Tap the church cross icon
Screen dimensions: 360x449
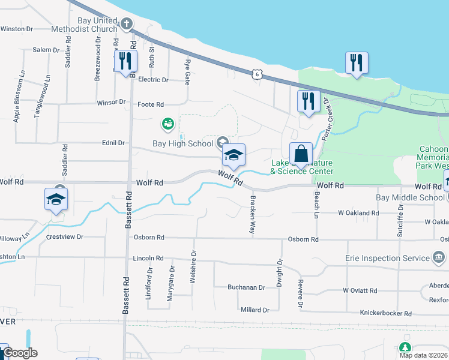point(126,24)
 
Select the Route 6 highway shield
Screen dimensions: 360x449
point(256,74)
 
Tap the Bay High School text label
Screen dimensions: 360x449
point(182,143)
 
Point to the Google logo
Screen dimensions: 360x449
point(19,353)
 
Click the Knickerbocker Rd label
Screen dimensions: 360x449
point(385,313)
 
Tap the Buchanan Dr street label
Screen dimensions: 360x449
point(246,287)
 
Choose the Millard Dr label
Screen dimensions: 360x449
point(255,310)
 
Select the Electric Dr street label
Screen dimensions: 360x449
point(153,79)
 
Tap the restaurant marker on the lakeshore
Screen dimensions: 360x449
point(357,62)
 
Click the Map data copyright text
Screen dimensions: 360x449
point(424,355)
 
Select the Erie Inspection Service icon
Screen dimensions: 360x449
point(439,258)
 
